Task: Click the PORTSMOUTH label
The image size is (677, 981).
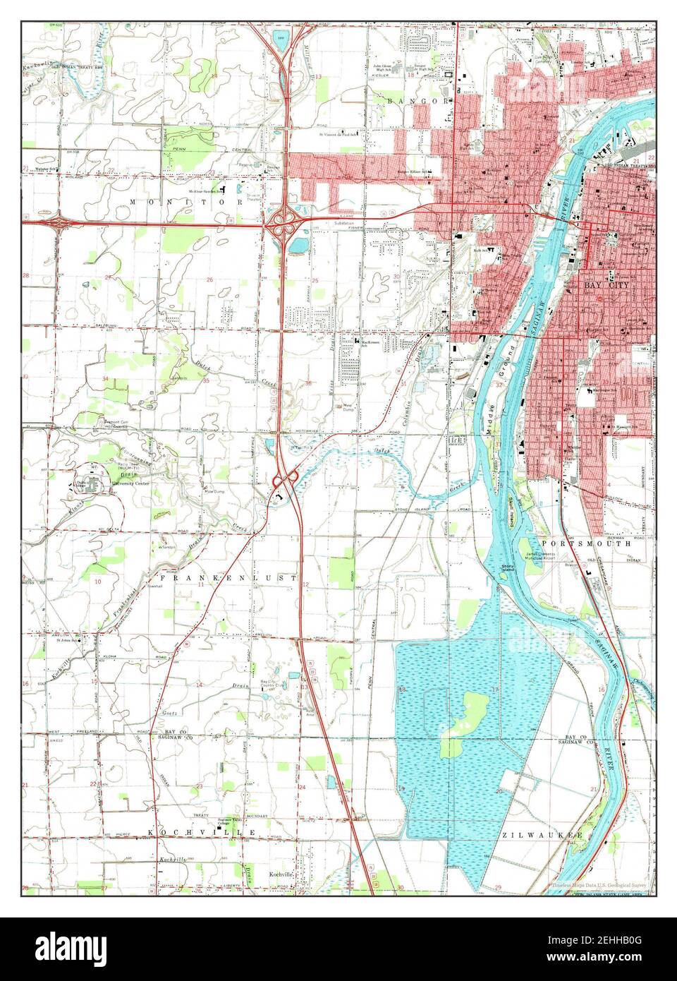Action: point(575,543)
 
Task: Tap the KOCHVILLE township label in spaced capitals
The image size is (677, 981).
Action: point(201,833)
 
